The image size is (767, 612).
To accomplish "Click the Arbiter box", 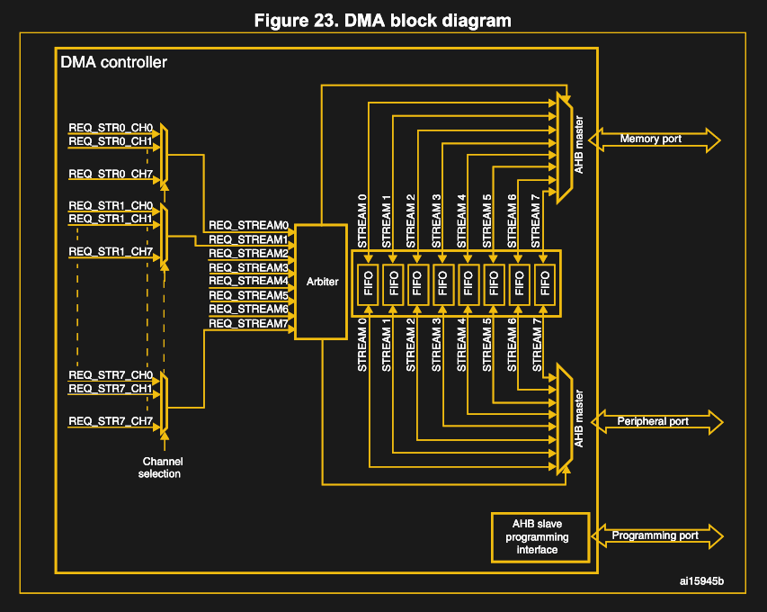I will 321,282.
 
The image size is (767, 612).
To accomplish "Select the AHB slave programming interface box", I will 536,536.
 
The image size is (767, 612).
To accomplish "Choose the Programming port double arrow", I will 656,536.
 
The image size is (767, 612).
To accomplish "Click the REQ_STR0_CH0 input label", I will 111,128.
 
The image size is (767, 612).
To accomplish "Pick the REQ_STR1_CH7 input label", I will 111,250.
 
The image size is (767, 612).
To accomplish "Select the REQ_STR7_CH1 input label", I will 111,389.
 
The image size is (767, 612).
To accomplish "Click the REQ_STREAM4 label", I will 248,281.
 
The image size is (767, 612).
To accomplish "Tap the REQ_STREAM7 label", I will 248,323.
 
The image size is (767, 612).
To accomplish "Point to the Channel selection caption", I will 162,468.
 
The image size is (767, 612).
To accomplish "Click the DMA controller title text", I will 113,63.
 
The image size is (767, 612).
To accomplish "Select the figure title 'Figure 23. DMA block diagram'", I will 383,20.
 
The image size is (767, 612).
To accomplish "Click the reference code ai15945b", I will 701,581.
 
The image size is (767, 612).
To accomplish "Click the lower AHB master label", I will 579,419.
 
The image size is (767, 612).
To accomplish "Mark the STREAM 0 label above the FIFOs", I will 362,221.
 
